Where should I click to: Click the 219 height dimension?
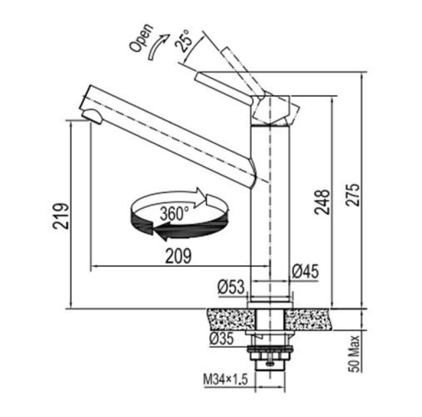[x=62, y=215]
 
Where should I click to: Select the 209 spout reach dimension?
[x=177, y=256]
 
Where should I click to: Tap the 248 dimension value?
[x=323, y=202]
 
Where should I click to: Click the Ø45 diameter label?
[x=305, y=272]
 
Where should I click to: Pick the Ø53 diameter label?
[x=231, y=287]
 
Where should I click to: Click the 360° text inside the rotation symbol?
[x=175, y=214]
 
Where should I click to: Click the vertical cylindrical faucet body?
[x=270, y=211]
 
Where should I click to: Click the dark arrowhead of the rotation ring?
[x=158, y=229]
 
